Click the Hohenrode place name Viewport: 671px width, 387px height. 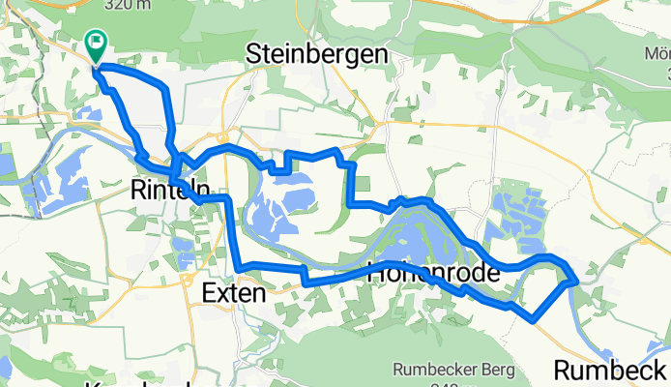(434, 274)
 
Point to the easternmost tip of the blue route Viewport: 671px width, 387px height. (577, 281)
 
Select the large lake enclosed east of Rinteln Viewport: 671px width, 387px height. (280, 208)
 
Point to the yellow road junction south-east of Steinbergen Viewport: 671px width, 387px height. (385, 124)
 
